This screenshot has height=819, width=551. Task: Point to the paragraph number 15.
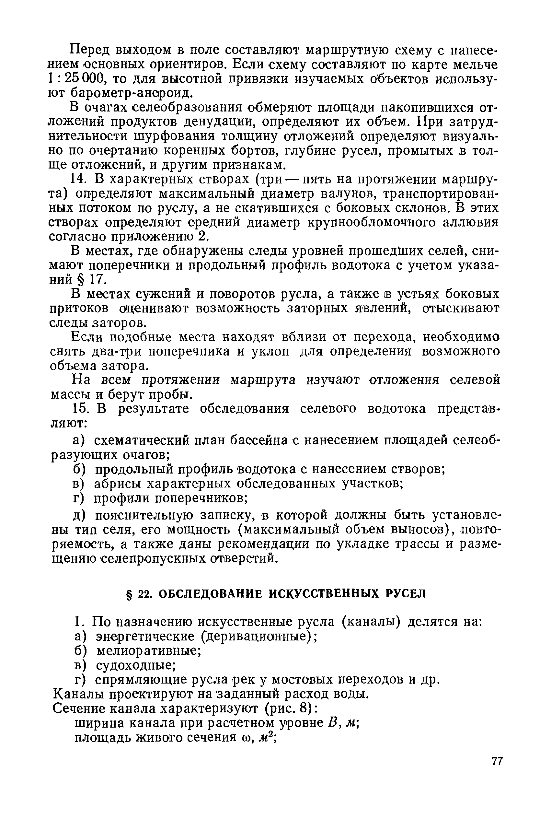[x=79, y=408]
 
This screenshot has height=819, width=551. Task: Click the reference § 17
[x=93, y=279]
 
